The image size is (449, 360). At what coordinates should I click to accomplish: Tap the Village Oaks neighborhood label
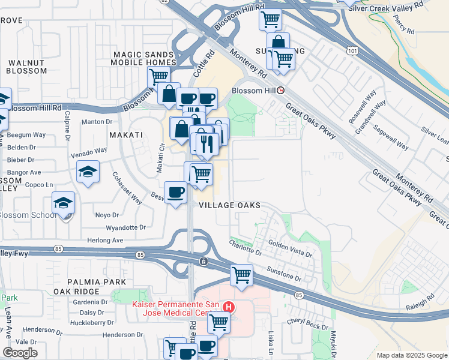tap(231, 205)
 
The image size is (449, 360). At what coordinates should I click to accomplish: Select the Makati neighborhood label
tap(126, 135)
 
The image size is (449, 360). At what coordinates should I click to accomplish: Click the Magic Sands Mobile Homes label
tap(145, 58)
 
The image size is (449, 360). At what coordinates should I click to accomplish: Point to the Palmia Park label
tap(97, 282)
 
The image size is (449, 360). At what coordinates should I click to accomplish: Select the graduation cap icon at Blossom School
tap(63, 203)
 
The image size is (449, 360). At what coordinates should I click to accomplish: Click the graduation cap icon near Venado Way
tap(88, 172)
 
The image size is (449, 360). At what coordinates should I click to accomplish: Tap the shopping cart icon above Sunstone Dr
tap(241, 275)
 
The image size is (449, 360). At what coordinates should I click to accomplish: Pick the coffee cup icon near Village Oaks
tap(175, 192)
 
